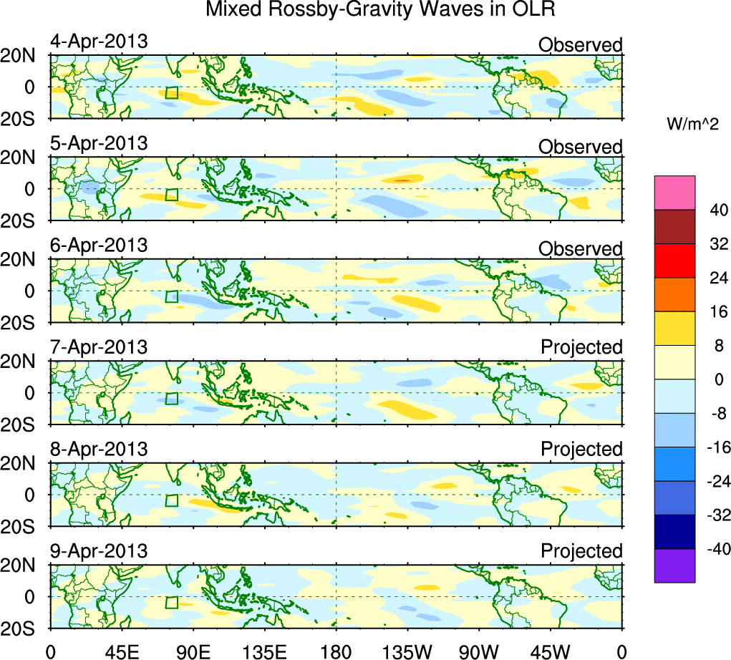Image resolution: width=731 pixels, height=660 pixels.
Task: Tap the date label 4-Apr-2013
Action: (x=99, y=42)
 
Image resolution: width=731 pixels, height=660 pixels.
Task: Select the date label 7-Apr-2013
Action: (x=99, y=347)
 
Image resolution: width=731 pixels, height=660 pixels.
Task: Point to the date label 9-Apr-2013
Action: (x=99, y=551)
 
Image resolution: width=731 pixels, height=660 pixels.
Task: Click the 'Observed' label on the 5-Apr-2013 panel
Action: (x=581, y=147)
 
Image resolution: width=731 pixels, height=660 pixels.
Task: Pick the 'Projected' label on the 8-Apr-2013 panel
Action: (x=581, y=450)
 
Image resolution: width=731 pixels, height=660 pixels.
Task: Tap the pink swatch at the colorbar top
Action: (x=674, y=193)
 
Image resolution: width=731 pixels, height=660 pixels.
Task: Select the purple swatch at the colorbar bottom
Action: (x=674, y=566)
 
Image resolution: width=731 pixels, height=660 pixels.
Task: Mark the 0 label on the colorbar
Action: (x=717, y=379)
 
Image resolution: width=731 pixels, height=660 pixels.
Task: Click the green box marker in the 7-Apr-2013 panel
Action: (x=171, y=398)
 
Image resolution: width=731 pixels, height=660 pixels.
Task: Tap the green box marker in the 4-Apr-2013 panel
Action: (x=171, y=92)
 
